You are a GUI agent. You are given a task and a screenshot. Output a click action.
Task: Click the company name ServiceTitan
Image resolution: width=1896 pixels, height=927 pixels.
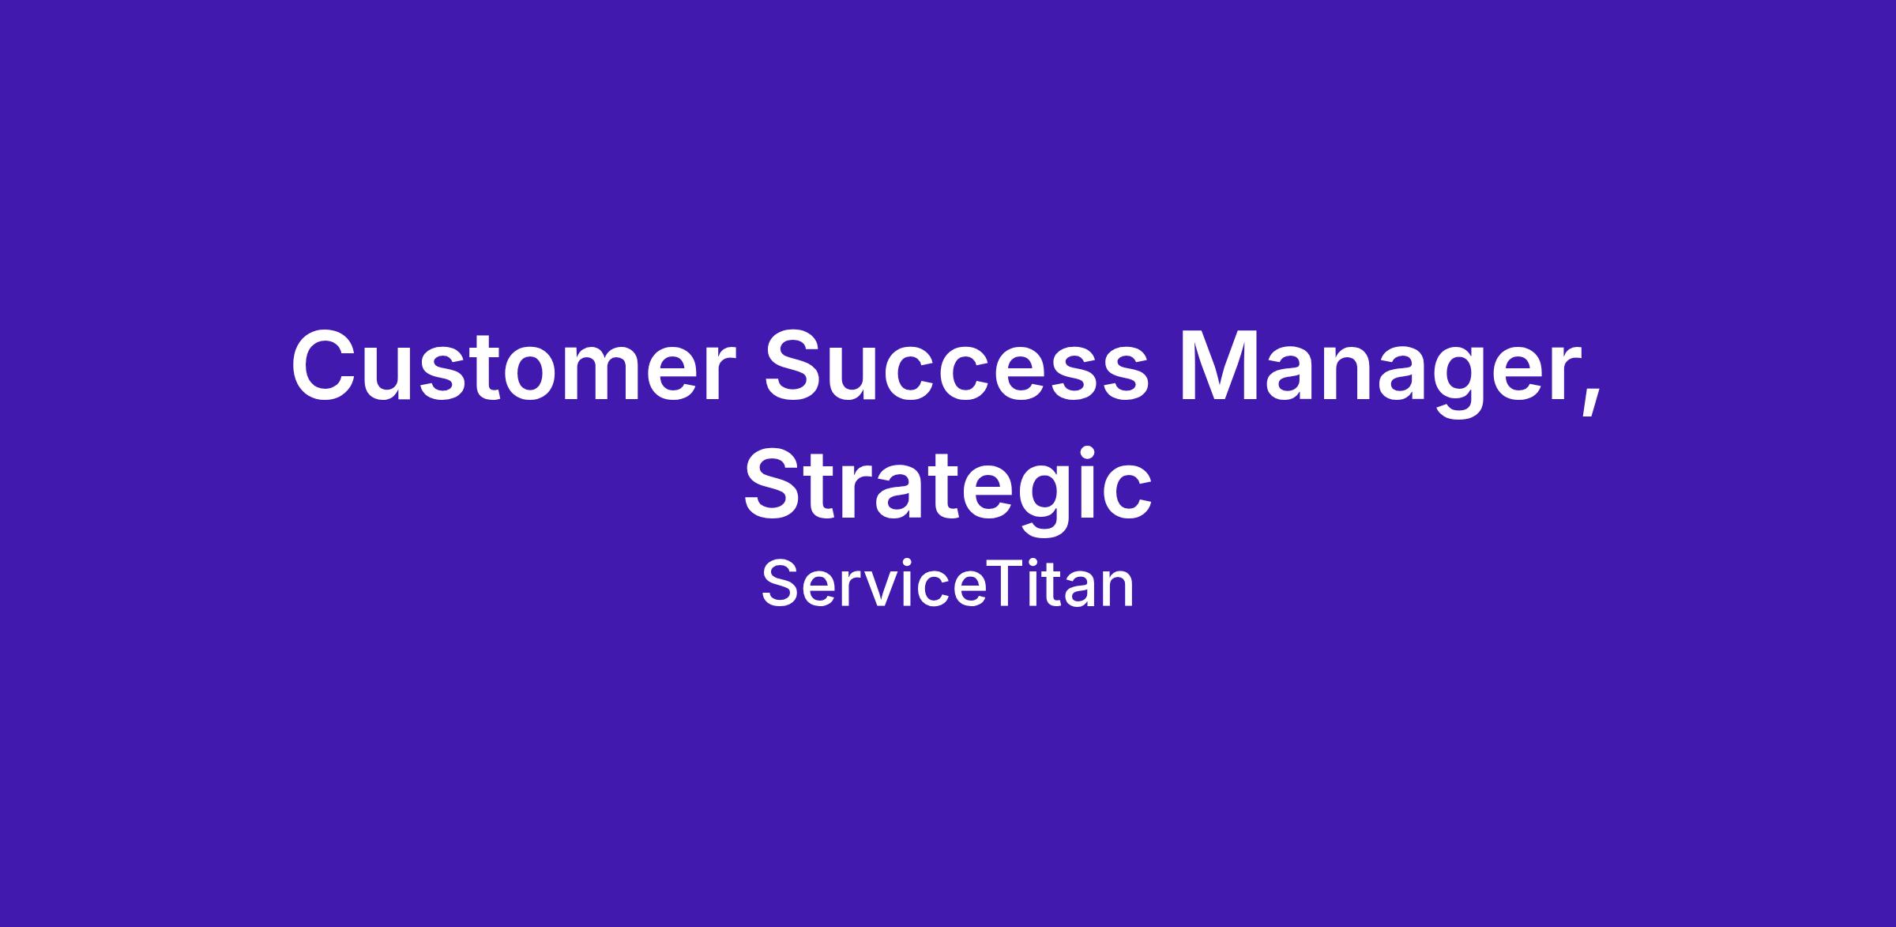pyautogui.click(x=948, y=585)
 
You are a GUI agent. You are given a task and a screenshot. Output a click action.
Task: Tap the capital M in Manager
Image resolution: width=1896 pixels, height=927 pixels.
pyautogui.click(x=1223, y=366)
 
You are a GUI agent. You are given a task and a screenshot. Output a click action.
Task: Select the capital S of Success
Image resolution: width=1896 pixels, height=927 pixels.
pyautogui.click(x=797, y=366)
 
